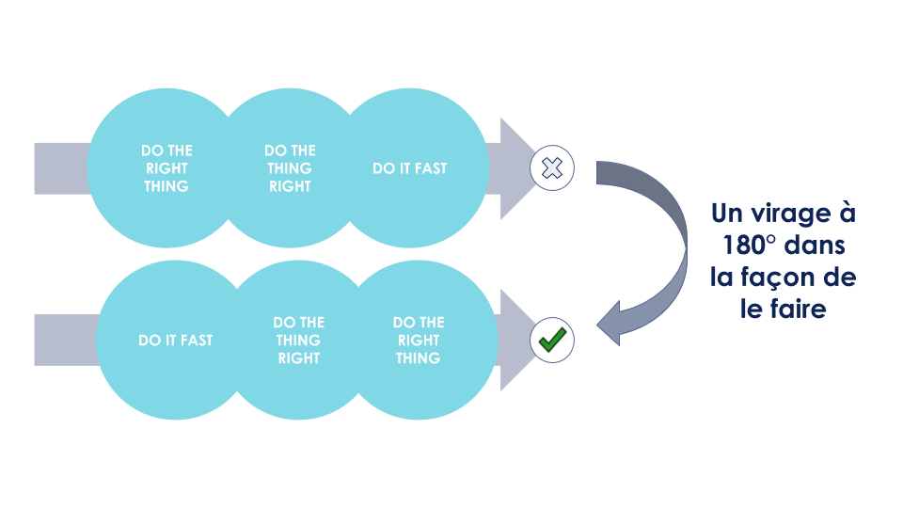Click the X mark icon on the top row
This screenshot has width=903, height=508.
553,169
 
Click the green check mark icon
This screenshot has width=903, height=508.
552,340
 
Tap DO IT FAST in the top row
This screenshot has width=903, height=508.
410,169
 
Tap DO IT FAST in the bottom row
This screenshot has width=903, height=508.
175,341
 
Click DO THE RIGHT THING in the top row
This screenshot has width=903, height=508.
166,168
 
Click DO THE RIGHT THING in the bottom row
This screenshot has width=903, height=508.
419,341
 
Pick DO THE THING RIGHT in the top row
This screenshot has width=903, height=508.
290,168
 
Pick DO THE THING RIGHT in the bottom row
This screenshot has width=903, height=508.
298,341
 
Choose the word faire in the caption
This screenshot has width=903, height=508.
798,310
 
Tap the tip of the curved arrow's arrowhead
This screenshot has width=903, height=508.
598,320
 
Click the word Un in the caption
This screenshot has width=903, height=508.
730,214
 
